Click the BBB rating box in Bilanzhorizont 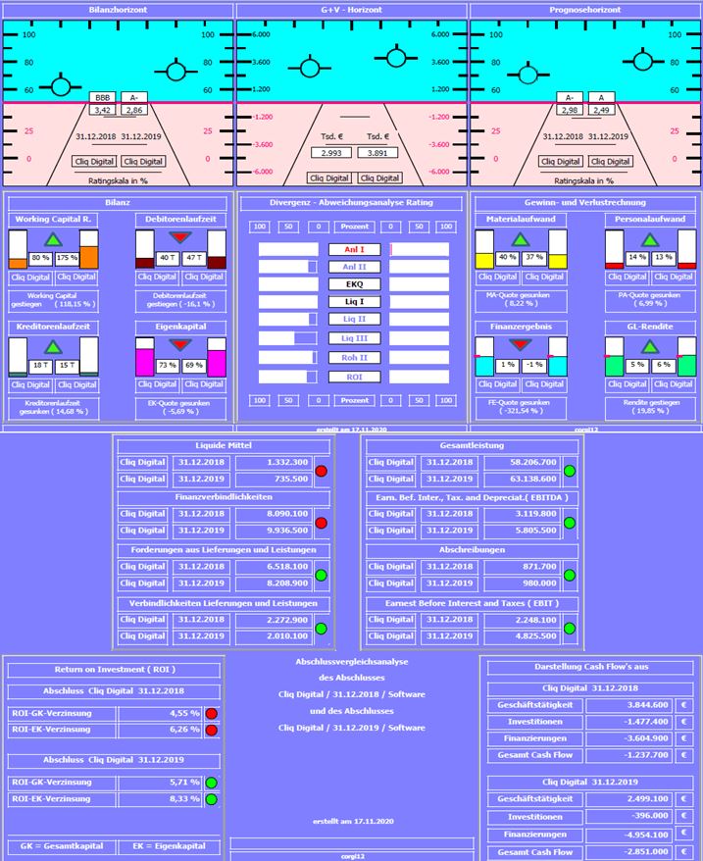(x=102, y=98)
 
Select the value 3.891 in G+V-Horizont (x=377, y=153)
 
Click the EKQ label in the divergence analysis (x=354, y=284)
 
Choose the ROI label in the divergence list (x=354, y=376)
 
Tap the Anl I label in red (x=354, y=249)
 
